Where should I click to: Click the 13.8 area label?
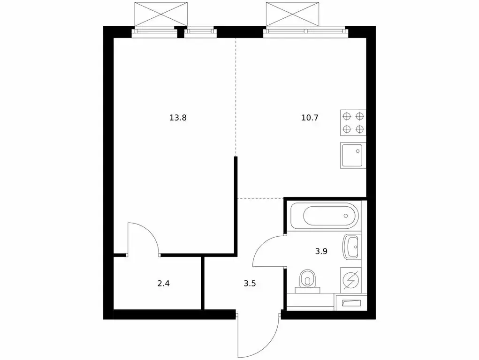(x=178, y=118)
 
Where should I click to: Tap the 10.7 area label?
(x=310, y=118)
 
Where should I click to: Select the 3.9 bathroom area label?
(x=321, y=251)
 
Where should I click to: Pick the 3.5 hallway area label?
(x=250, y=283)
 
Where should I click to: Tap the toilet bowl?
(x=308, y=280)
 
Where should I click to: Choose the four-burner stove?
(x=353, y=123)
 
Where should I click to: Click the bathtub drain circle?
(x=346, y=216)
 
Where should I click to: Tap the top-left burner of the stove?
(x=347, y=117)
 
